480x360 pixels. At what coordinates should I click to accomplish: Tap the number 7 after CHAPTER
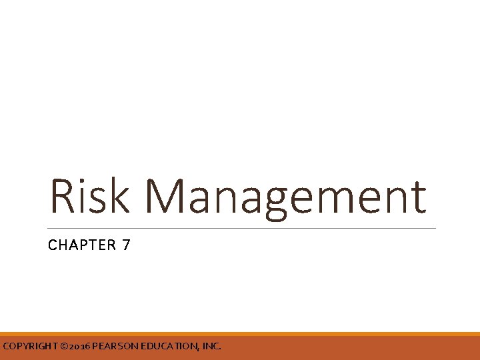(x=126, y=245)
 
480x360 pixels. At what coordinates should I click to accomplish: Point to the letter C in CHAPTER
(x=52, y=245)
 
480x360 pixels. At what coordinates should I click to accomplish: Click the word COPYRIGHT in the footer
(x=29, y=347)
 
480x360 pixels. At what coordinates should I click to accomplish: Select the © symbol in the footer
(x=64, y=347)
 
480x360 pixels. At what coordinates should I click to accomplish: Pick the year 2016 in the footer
(x=79, y=347)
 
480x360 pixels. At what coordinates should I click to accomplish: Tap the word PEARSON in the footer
(x=114, y=347)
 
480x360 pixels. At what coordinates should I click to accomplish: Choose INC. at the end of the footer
(x=211, y=347)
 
